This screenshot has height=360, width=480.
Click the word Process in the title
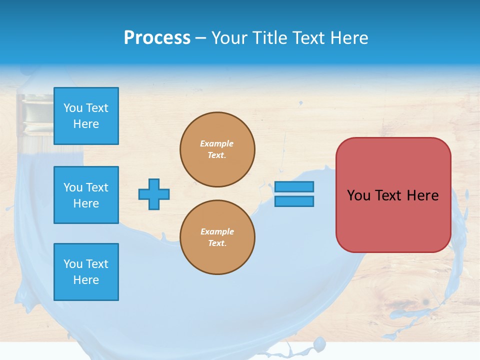pyautogui.click(x=157, y=38)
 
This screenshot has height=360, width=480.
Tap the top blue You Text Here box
pyautogui.click(x=86, y=116)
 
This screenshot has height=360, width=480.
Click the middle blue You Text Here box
pyautogui.click(x=86, y=195)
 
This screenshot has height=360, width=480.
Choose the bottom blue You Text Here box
pyautogui.click(x=86, y=272)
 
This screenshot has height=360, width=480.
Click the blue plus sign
pyautogui.click(x=154, y=194)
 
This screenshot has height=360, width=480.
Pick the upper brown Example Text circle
pyautogui.click(x=217, y=149)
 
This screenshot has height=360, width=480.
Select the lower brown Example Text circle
pyautogui.click(x=217, y=237)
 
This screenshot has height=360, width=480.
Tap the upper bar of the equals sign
pyautogui.click(x=294, y=187)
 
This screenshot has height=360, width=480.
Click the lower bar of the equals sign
pyautogui.click(x=294, y=201)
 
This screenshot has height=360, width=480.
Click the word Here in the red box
pyautogui.click(x=422, y=195)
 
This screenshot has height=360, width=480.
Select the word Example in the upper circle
pyautogui.click(x=216, y=143)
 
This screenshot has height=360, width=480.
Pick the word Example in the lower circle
pyautogui.click(x=217, y=231)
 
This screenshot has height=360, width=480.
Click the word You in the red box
pyautogui.click(x=358, y=195)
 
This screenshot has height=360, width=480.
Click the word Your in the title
pyautogui.click(x=229, y=38)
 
